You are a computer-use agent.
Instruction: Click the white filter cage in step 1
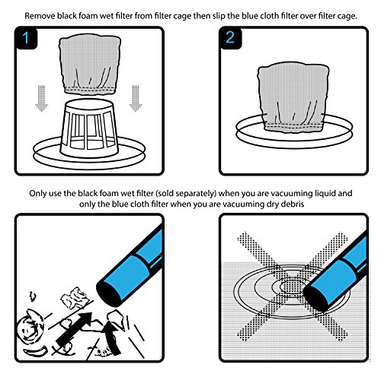[x=96, y=128]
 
